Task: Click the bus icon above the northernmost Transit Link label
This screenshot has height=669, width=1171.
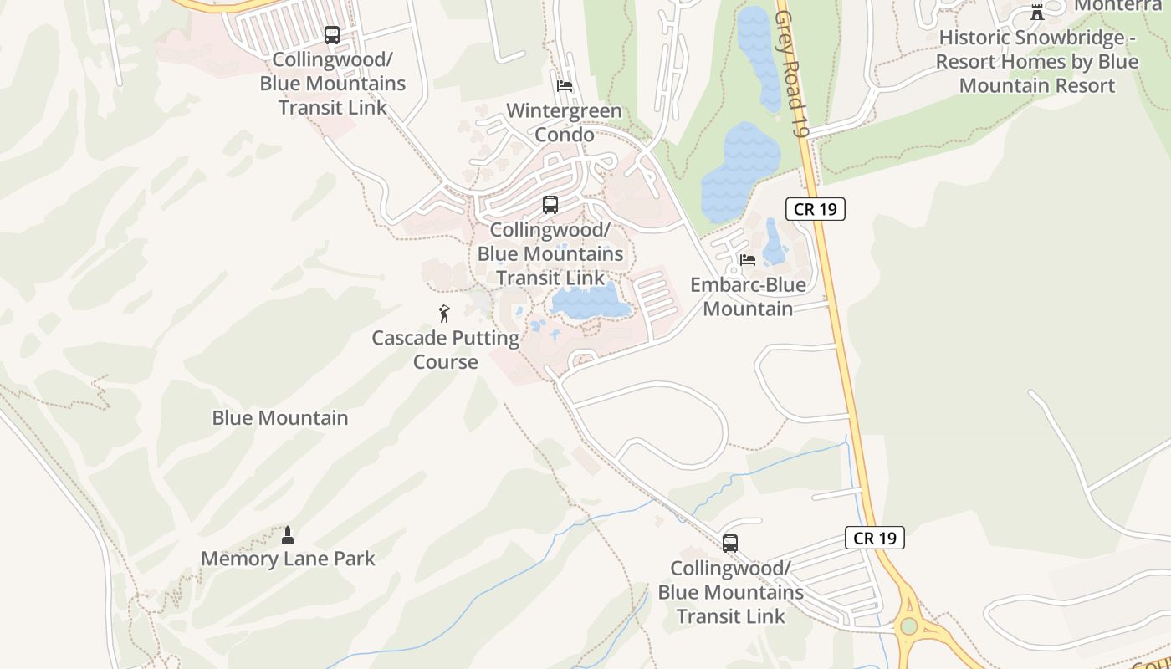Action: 332,35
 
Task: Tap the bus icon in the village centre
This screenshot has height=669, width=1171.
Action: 550,205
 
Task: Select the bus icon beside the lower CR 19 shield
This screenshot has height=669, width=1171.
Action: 730,544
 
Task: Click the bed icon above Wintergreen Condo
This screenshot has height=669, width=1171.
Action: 565,86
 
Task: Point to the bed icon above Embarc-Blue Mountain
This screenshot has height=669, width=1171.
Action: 748,260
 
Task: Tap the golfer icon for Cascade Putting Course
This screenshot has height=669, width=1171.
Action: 445,314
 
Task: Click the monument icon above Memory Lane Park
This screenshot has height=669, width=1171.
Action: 288,534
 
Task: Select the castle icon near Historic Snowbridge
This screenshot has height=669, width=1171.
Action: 1037,12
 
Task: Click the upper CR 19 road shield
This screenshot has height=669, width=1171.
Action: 816,209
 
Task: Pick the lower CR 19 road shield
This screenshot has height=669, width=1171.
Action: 875,538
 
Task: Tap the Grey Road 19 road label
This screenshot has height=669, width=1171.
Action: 793,63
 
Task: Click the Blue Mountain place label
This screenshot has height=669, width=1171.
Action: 280,418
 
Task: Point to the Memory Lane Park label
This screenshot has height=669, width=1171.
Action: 288,559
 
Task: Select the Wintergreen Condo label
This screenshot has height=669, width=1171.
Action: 565,123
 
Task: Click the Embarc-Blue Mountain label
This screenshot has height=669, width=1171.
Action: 748,297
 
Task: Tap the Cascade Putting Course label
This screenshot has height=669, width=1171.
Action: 446,350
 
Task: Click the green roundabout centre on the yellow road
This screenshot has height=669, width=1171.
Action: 909,626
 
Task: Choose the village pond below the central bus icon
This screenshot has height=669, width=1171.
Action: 590,301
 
